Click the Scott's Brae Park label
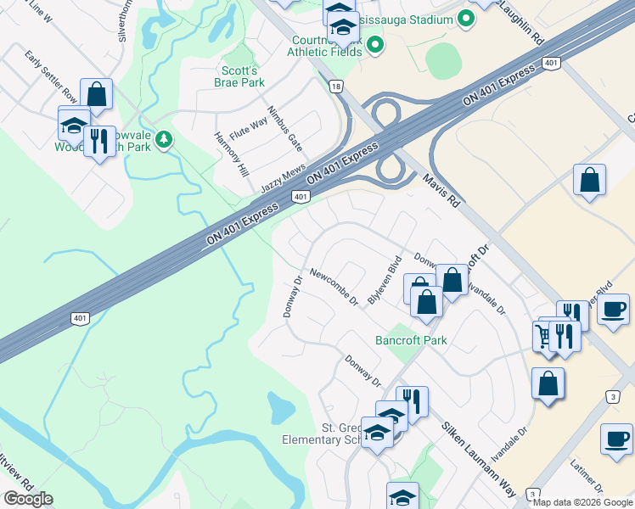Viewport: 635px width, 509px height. tap(238, 76)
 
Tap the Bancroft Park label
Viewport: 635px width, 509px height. tap(411, 340)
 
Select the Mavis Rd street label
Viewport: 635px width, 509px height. tap(441, 191)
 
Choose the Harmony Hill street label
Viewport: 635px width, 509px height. tap(232, 154)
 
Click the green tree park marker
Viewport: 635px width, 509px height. tap(163, 139)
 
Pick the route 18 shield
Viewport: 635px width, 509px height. tap(337, 87)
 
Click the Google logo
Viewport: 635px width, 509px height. tap(28, 499)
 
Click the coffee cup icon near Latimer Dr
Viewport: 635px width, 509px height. tap(616, 439)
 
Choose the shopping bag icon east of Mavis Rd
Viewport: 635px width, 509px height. tap(589, 180)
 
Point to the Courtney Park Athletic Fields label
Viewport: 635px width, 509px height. tap(323, 46)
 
